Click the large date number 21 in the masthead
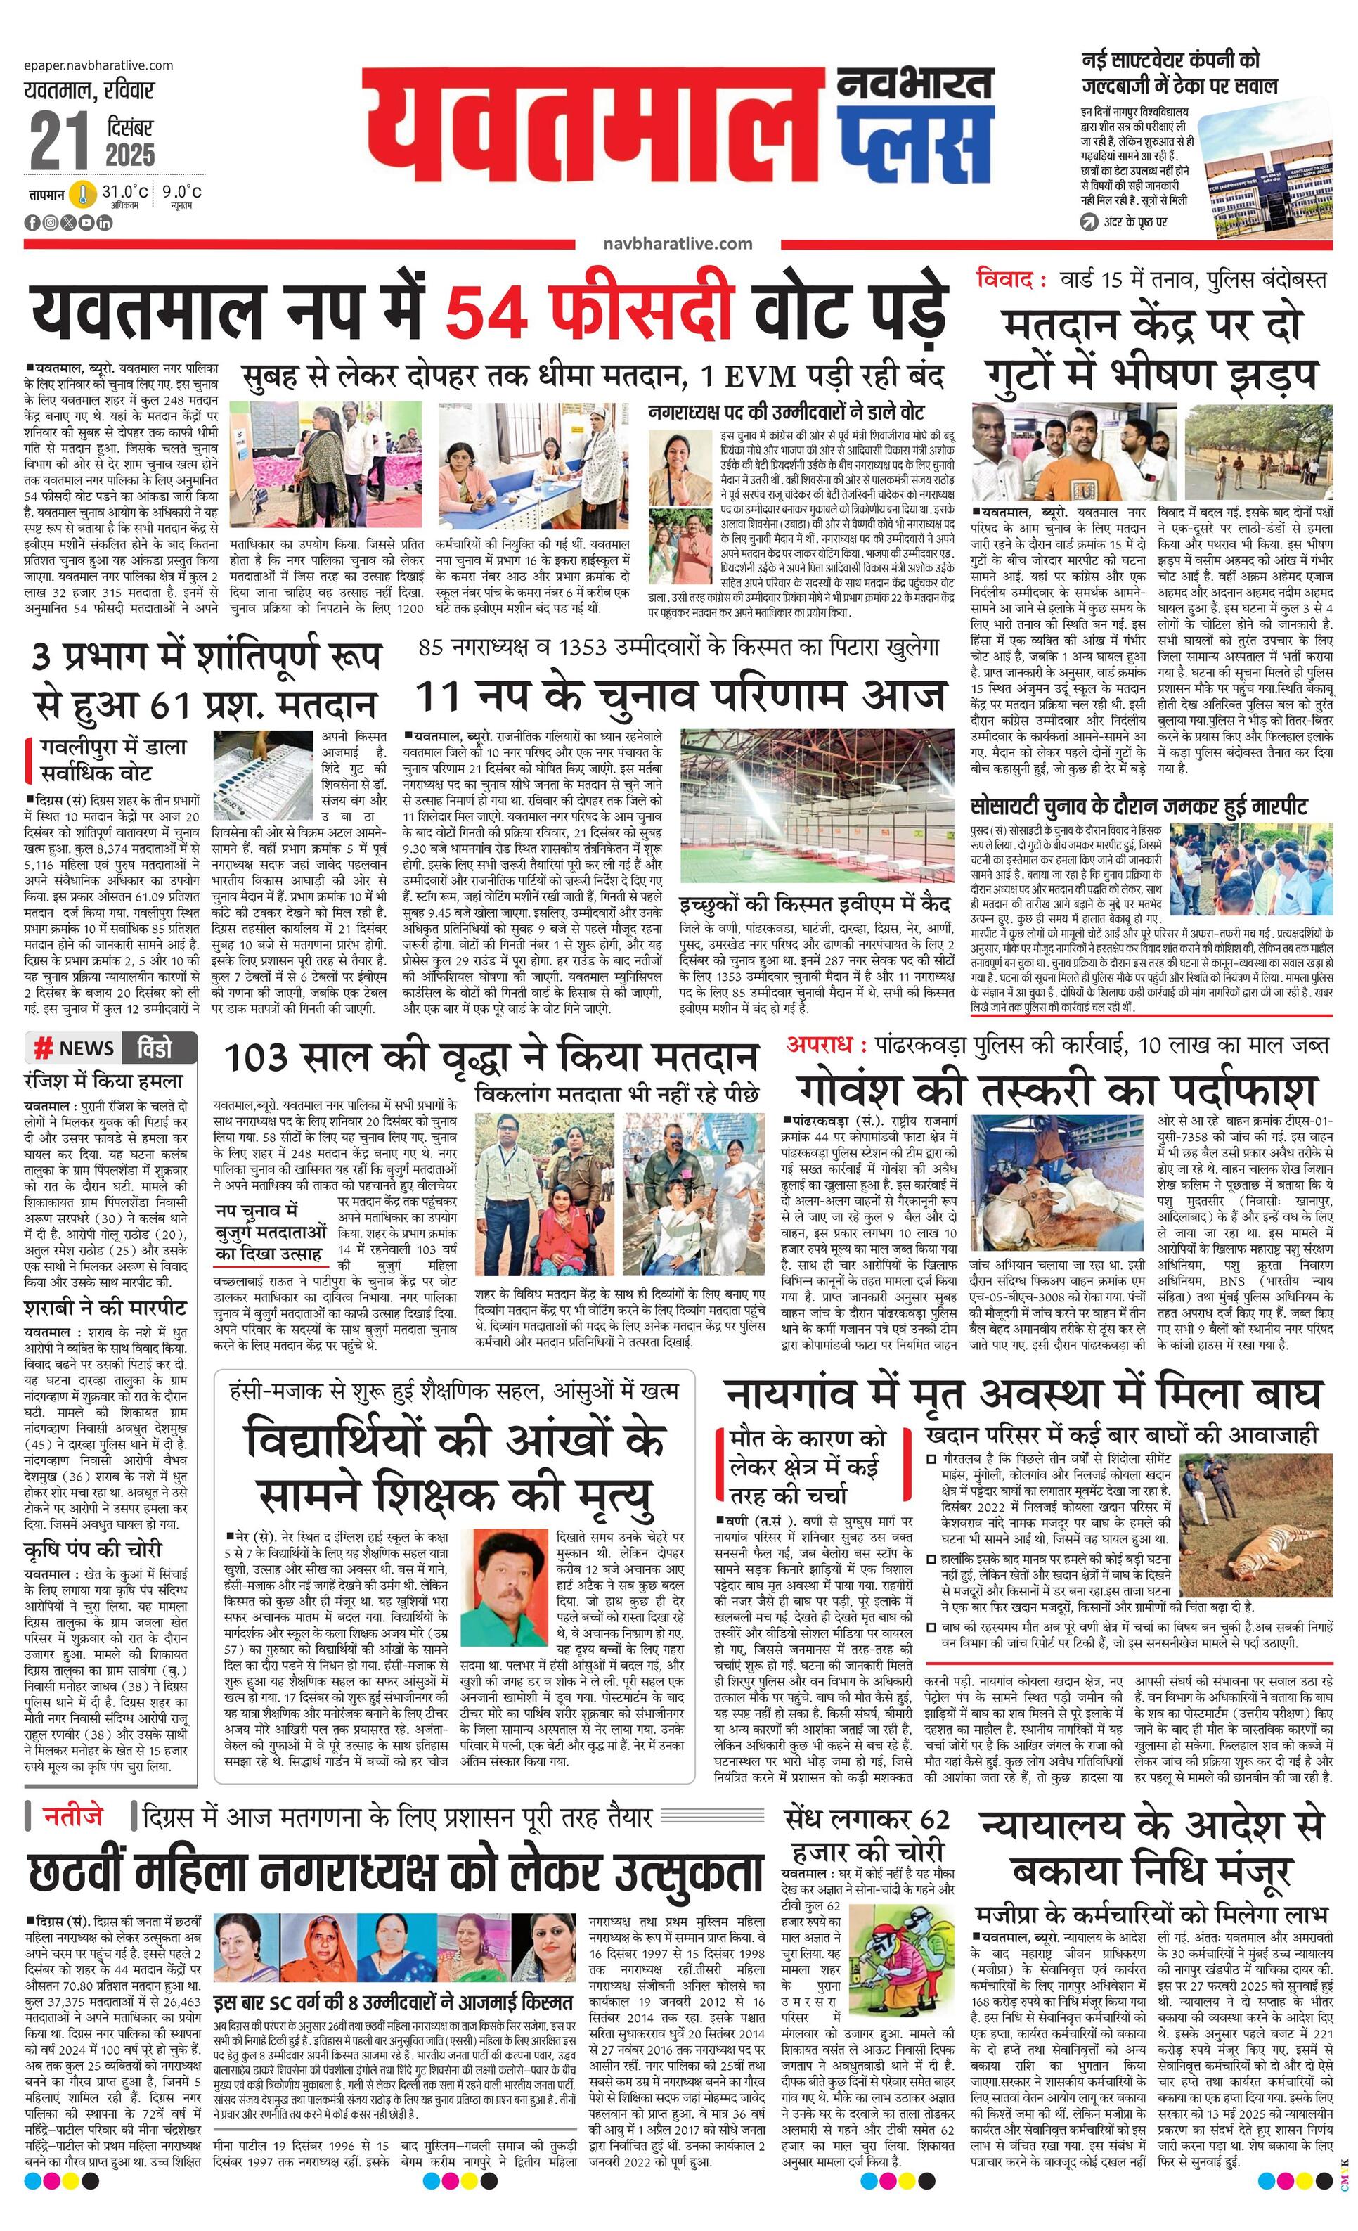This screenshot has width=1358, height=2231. pos(60,141)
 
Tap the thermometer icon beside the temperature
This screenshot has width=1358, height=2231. pos(83,195)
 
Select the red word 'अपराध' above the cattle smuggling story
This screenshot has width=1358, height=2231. pos(820,1044)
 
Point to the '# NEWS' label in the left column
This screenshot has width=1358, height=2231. pos(75,1048)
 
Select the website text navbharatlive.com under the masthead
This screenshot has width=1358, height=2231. pos(677,243)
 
